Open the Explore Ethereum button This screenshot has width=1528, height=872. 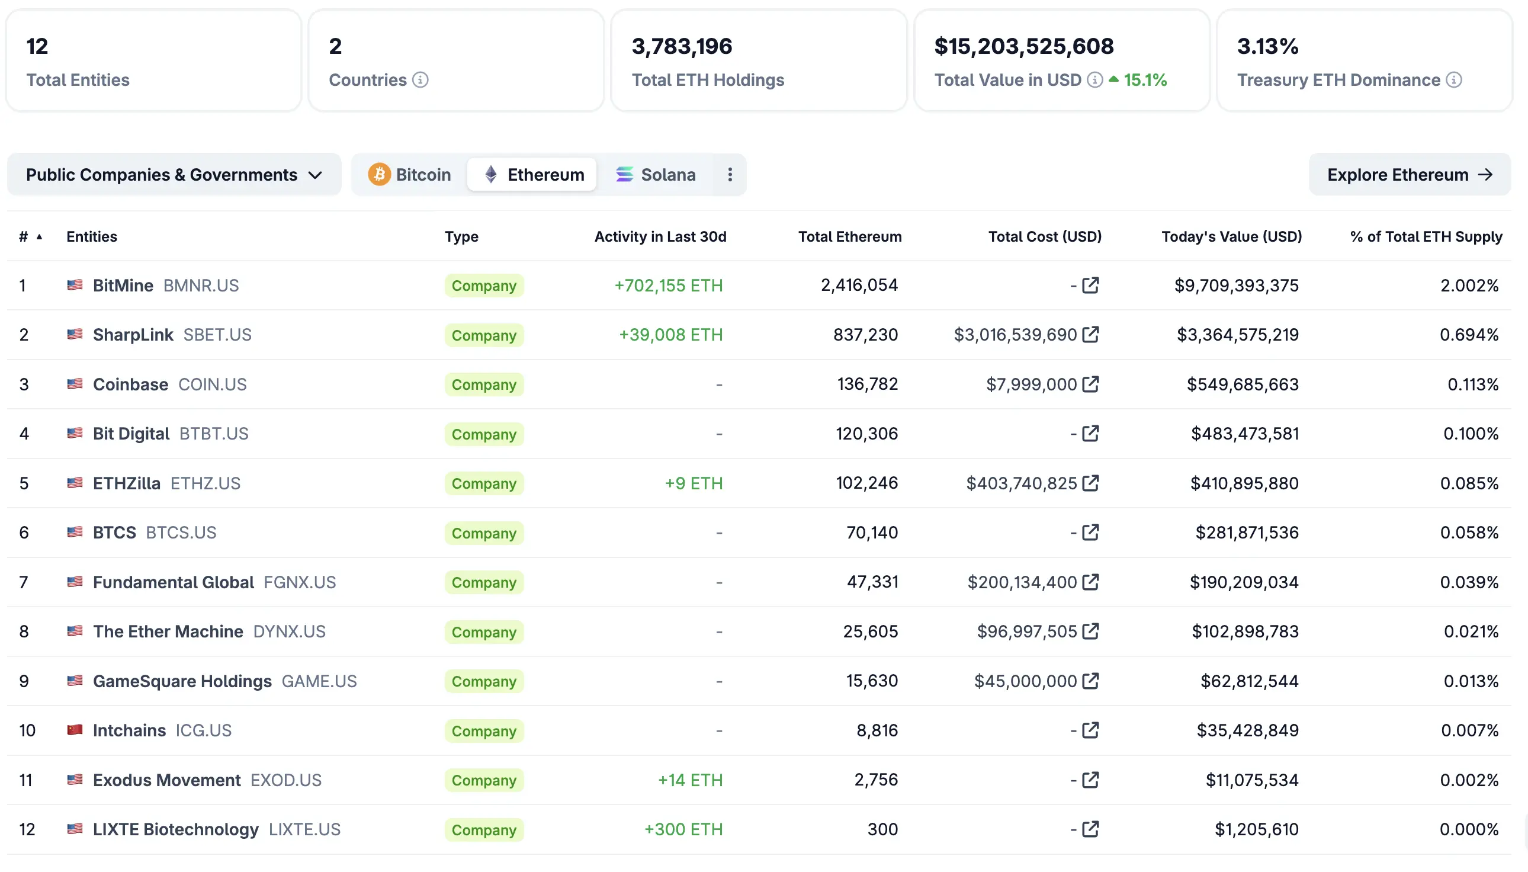coord(1409,174)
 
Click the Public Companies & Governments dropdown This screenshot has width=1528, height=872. coord(174,174)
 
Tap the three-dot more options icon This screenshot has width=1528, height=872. coord(729,174)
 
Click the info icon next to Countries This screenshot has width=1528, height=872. coord(420,79)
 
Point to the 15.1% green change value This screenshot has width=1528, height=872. coord(1144,79)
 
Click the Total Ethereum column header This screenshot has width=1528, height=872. coord(849,236)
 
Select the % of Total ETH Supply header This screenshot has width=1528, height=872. coord(1426,236)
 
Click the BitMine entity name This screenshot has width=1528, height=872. coord(123,285)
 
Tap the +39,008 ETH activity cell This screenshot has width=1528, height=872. coord(670,334)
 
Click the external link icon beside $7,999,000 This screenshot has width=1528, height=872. coord(1090,384)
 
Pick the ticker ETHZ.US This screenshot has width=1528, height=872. coord(206,483)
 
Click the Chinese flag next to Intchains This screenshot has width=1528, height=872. coord(75,730)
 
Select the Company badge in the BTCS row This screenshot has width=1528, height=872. coord(484,533)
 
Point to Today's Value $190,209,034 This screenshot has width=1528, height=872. coord(1244,582)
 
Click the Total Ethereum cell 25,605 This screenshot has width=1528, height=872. coord(870,631)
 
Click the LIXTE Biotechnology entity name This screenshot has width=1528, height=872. coord(175,829)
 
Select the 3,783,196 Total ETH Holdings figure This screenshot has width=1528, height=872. coord(681,46)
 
